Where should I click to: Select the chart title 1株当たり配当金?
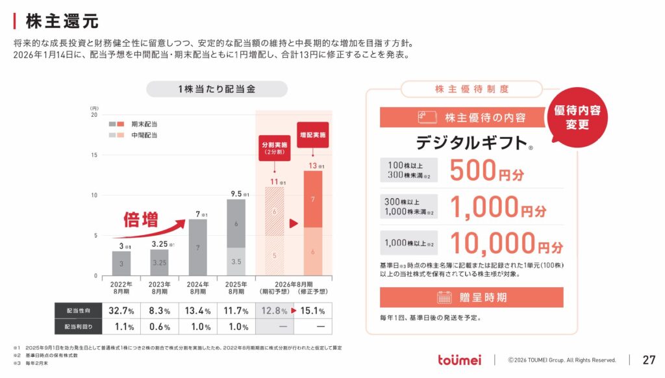point(216,89)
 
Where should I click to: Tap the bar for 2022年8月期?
point(121,263)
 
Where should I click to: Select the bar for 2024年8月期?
point(197,247)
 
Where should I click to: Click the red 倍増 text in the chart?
point(141,220)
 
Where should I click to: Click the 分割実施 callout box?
point(273,148)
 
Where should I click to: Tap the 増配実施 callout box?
point(312,134)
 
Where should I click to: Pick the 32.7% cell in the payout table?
point(121,310)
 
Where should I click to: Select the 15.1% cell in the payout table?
point(312,310)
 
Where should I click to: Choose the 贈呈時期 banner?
point(471,297)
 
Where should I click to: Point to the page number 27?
point(649,360)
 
